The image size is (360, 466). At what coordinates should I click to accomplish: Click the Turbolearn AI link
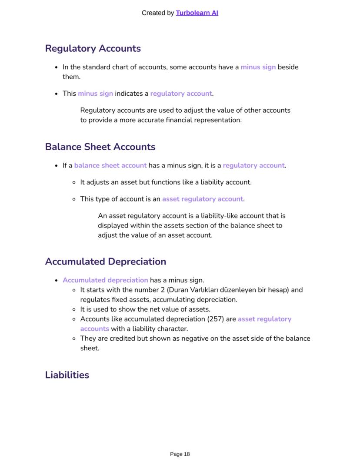pos(197,13)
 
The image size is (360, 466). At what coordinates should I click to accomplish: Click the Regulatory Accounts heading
pos(93,48)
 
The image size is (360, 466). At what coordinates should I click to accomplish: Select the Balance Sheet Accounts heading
pos(100,147)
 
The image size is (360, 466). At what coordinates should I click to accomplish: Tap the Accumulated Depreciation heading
pos(105,261)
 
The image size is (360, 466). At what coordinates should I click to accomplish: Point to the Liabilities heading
pos(67,375)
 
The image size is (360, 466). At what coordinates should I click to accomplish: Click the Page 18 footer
pos(180,454)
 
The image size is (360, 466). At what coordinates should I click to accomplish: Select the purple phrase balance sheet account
pos(110,165)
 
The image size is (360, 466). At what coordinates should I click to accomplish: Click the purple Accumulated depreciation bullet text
pos(105,280)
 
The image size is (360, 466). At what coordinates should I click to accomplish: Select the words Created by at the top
pos(158,13)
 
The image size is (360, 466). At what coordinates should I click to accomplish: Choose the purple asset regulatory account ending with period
pos(203,199)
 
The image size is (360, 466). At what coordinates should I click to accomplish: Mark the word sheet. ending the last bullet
pos(90,348)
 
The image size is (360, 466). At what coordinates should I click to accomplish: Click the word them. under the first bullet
pos(71,77)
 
